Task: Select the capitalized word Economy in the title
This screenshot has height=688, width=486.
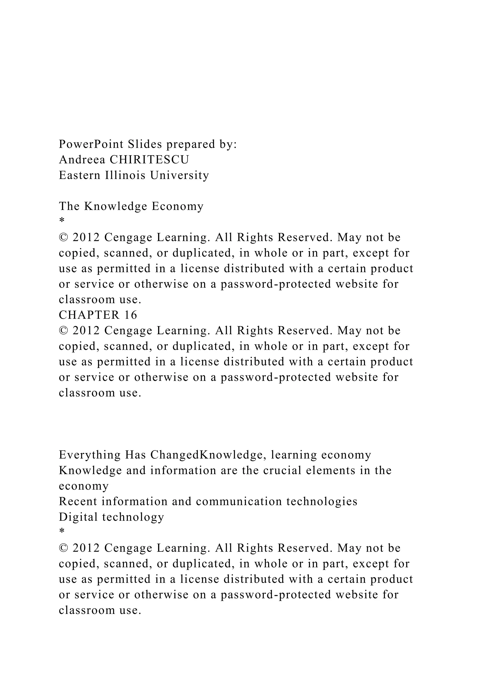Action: coord(178,206)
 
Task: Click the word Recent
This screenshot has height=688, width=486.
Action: coord(78,501)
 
